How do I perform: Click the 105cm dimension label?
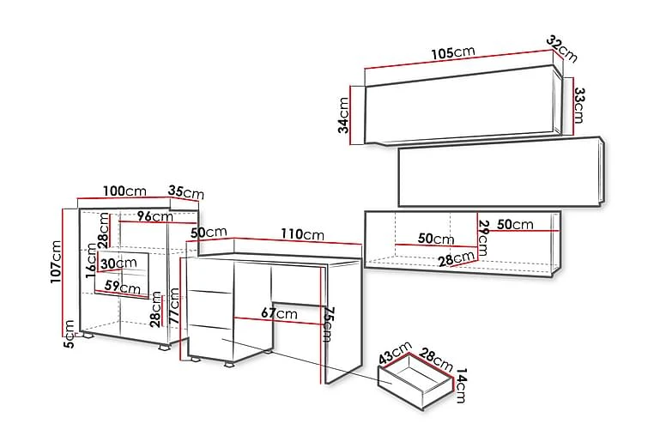click(452, 52)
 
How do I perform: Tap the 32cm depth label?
click(563, 49)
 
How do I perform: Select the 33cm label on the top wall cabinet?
click(579, 105)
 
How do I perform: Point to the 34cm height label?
click(343, 116)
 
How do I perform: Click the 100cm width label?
click(124, 191)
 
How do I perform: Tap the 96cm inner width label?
click(155, 216)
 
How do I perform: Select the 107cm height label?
click(58, 262)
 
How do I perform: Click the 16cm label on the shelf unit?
click(92, 258)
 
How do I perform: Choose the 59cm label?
click(122, 287)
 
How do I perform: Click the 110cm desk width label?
click(302, 234)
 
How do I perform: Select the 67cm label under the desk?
click(281, 314)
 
